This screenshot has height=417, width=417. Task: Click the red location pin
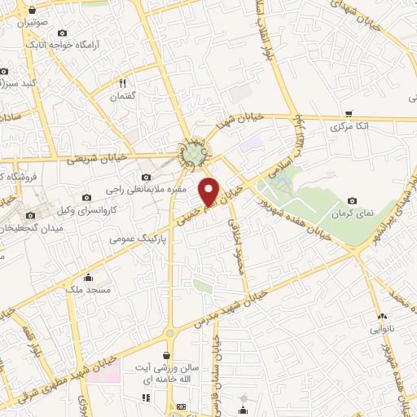click(209, 191)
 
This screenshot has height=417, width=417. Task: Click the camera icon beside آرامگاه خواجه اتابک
click(63, 33)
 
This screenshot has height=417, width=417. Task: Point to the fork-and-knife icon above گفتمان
click(123, 83)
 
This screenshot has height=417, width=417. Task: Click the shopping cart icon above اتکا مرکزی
click(349, 113)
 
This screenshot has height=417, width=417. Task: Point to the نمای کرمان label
click(351, 213)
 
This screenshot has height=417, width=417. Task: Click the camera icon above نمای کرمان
click(352, 200)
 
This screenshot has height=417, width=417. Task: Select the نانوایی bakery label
click(380, 329)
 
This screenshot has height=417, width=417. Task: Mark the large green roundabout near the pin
click(194, 152)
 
